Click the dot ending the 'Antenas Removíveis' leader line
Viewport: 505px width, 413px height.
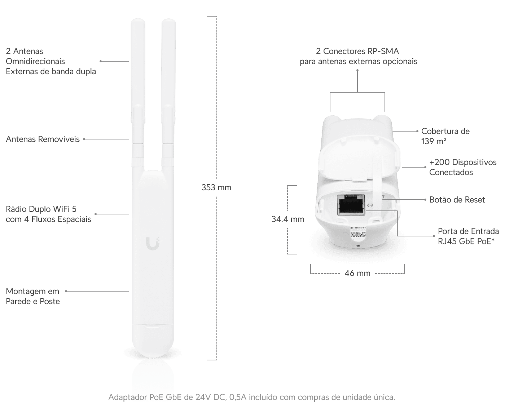(x=84, y=139)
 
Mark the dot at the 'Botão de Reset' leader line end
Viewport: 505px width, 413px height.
(x=425, y=200)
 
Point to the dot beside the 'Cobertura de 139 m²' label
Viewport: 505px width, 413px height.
(x=417, y=131)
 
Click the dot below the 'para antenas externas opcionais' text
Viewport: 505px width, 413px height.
(x=357, y=70)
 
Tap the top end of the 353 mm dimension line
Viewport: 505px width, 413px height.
(x=217, y=16)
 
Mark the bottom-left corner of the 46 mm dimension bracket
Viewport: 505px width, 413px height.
(x=311, y=273)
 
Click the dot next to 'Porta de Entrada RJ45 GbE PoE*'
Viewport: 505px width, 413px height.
(x=434, y=236)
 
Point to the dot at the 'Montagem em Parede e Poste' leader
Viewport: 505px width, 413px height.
(x=66, y=291)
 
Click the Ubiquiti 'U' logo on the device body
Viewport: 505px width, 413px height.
(x=153, y=244)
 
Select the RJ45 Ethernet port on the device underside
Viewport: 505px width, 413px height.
(x=351, y=205)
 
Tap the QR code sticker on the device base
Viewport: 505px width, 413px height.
(x=358, y=232)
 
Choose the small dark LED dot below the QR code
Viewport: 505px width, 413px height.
(x=358, y=246)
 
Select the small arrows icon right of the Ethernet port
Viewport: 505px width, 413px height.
(x=370, y=205)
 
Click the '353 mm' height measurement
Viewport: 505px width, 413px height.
(x=216, y=187)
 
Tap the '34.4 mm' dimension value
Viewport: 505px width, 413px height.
(x=287, y=219)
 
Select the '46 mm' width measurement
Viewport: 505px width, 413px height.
(x=357, y=273)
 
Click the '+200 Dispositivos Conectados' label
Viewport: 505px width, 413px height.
(x=463, y=167)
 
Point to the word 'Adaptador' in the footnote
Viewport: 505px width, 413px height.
(x=127, y=397)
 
